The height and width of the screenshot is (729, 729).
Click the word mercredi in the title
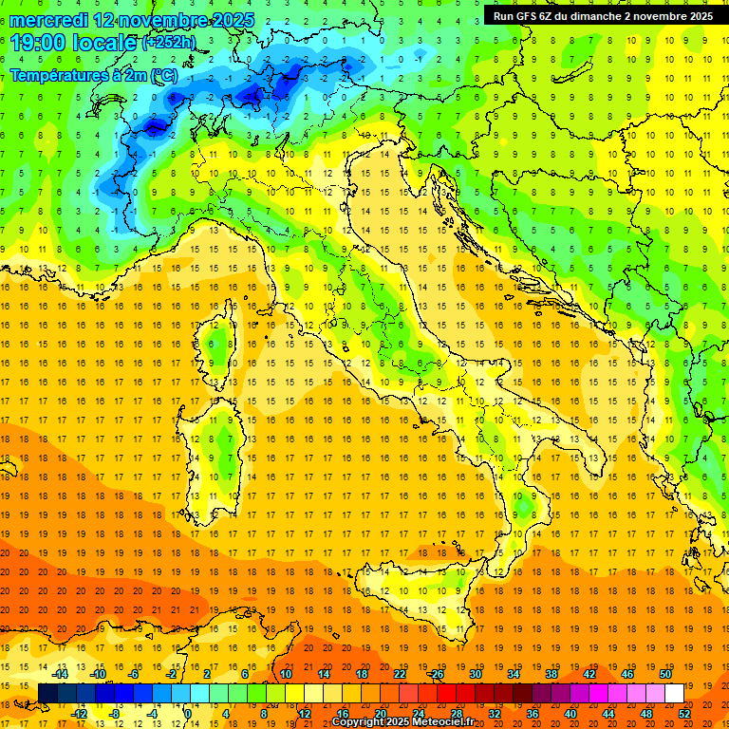point(51,20)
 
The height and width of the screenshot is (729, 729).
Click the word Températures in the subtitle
point(56,75)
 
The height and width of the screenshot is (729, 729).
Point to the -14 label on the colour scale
point(60,674)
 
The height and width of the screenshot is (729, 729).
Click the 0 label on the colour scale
point(187,714)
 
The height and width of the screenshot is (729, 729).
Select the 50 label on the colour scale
point(665,674)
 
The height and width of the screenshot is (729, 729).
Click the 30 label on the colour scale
point(475,674)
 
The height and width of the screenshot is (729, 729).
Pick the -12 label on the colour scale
point(79,714)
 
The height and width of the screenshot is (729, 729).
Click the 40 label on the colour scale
point(570,714)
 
